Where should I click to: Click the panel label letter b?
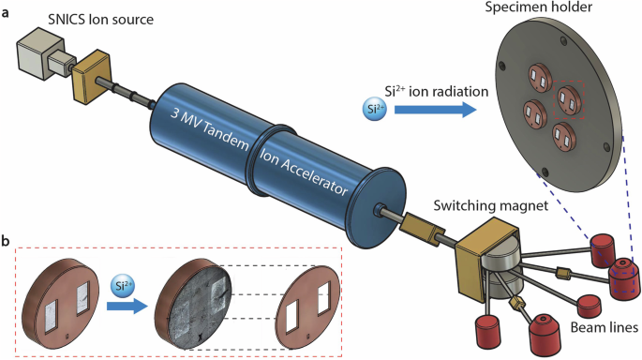click(x=7, y=240)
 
